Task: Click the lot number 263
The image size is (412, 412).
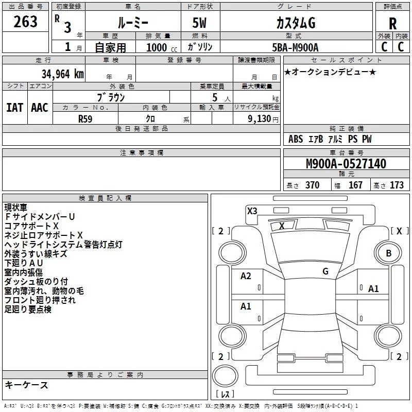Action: click(26, 22)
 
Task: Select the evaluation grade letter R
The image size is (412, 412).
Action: click(392, 24)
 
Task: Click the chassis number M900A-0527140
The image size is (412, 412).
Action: click(346, 164)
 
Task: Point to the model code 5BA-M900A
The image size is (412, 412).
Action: click(295, 47)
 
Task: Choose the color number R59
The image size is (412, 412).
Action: click(86, 118)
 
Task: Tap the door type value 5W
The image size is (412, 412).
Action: click(200, 24)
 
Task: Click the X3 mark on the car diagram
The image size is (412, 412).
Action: click(252, 211)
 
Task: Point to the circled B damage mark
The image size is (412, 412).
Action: click(389, 253)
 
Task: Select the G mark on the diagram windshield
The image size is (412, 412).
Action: click(325, 271)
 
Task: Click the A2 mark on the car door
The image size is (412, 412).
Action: click(246, 276)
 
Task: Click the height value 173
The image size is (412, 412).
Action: click(397, 185)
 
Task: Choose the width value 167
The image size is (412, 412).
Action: click(355, 185)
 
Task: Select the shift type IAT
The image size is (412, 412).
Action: click(15, 107)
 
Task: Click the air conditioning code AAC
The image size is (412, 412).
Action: click(40, 107)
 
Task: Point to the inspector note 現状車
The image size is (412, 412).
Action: click(16, 208)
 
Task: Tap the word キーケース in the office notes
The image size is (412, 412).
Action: click(26, 385)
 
